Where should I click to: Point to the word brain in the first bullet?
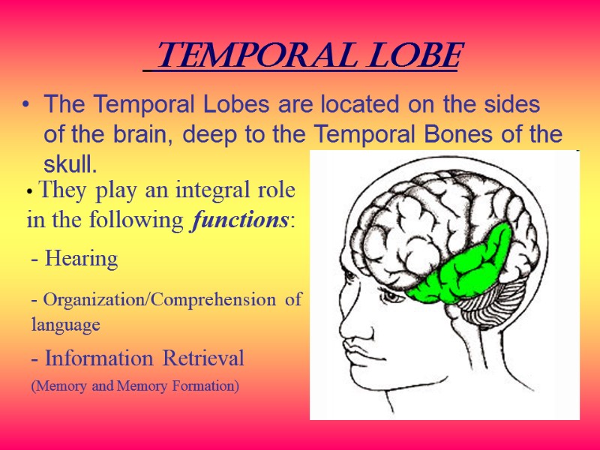[147, 135]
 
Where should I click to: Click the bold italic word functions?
[241, 221]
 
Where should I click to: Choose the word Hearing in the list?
[82, 259]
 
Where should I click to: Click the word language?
[65, 325]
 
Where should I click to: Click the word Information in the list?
[96, 359]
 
